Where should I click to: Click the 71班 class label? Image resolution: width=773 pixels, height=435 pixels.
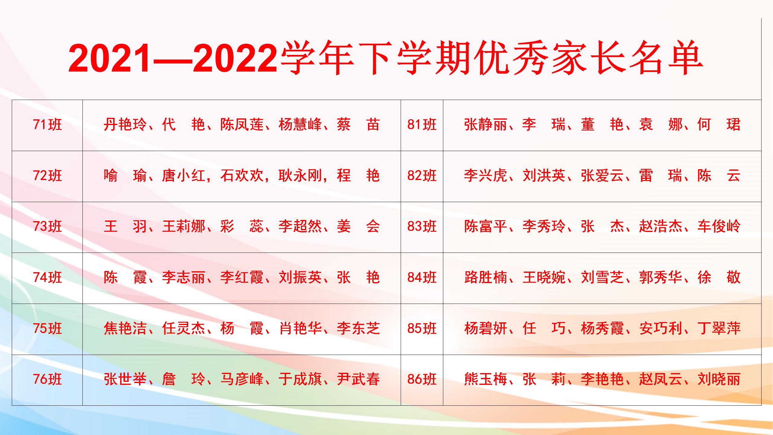(x=47, y=124)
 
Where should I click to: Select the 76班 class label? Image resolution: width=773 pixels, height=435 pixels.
(x=47, y=379)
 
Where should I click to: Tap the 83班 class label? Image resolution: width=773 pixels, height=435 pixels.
(x=422, y=227)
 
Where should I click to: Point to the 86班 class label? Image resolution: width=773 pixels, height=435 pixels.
(x=422, y=379)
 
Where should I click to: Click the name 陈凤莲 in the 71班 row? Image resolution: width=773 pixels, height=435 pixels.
(x=242, y=124)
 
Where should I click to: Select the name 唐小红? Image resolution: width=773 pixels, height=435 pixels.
(x=183, y=176)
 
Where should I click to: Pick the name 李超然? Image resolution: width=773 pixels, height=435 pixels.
(x=300, y=227)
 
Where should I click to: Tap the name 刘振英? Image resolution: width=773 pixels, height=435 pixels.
(x=300, y=277)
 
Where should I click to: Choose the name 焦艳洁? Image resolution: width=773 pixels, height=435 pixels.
(x=125, y=328)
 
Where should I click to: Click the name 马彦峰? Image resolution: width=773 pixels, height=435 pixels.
(x=242, y=379)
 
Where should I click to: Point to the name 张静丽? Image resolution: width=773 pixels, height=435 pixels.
(x=486, y=124)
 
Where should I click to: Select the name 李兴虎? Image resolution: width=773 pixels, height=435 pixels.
(x=486, y=176)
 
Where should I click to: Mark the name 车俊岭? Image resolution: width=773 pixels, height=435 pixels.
(x=719, y=227)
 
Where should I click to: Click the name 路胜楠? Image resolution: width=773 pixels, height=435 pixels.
(x=486, y=277)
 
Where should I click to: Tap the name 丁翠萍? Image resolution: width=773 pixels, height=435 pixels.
(x=719, y=328)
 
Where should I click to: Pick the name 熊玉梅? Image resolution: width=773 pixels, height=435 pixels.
(x=486, y=379)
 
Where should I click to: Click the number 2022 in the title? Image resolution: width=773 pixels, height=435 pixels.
(x=235, y=58)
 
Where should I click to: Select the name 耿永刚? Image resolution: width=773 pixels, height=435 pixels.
(x=300, y=176)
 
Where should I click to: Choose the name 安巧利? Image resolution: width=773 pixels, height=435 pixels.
(x=661, y=328)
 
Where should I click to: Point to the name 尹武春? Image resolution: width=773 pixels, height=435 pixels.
(x=358, y=379)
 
